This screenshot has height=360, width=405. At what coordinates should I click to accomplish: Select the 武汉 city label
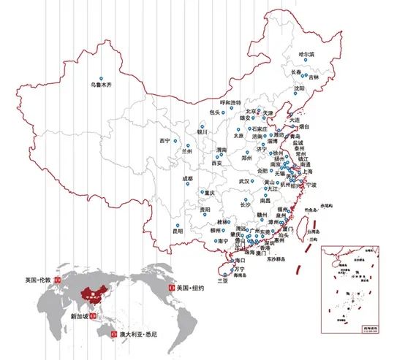tap(246, 180)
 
